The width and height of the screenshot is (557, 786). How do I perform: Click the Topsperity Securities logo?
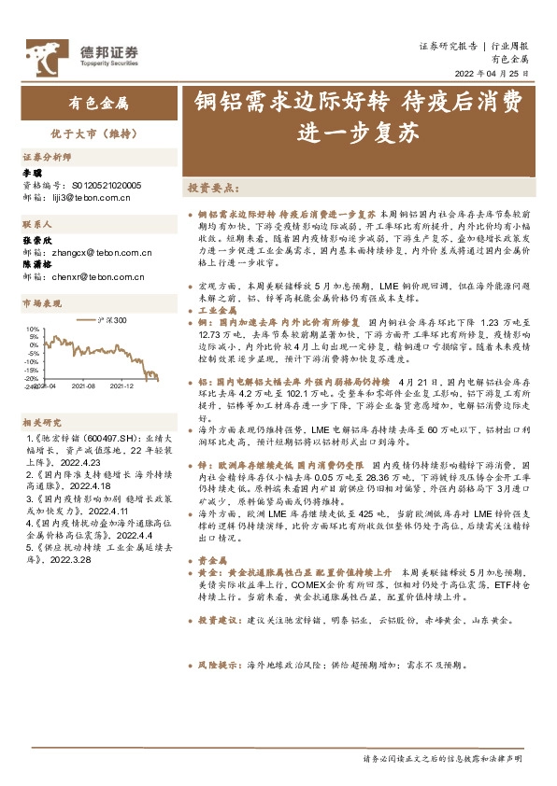[x=82, y=54]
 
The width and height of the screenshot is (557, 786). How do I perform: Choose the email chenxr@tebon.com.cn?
[x=93, y=276]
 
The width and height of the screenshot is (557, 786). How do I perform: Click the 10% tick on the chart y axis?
[x=33, y=330]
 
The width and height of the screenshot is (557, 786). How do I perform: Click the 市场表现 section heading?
[x=41, y=303]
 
